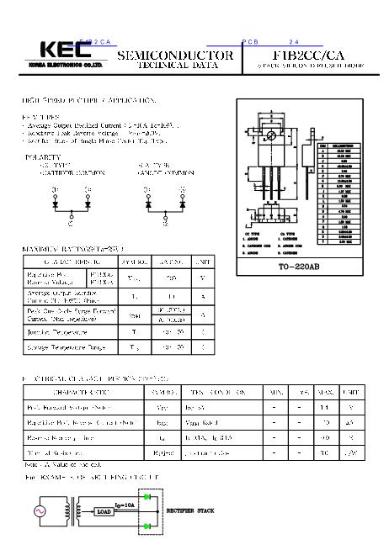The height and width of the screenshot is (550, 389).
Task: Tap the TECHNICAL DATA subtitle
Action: pos(174,65)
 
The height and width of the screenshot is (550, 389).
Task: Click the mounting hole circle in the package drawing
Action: pos(270,135)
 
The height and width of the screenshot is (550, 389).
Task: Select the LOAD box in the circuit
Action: pos(104,511)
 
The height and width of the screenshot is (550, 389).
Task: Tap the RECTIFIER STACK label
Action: pos(192,510)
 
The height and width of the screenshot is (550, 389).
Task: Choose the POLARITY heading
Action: pos(45,157)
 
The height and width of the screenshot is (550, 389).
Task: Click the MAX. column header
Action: pos(324,392)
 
